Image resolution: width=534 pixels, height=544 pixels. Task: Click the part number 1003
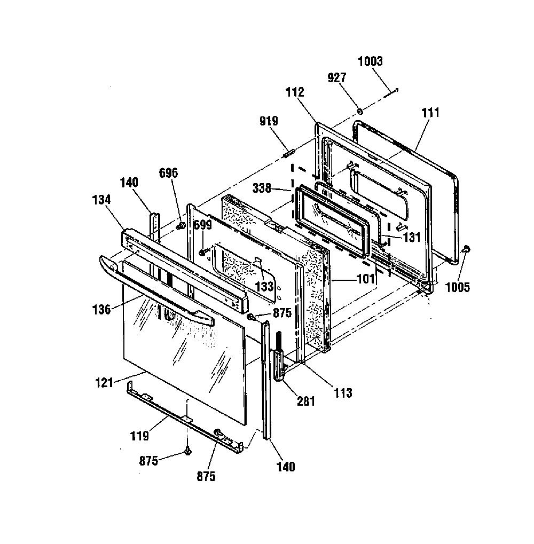pos(370,61)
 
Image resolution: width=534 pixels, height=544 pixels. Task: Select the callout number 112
pos(295,92)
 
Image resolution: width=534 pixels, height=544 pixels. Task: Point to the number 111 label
pos(430,113)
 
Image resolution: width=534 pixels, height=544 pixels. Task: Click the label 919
pos(269,121)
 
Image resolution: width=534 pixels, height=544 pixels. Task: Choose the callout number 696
pos(168,173)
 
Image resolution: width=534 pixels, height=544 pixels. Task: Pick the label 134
pos(101,200)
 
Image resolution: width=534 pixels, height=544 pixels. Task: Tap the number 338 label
pos(262,188)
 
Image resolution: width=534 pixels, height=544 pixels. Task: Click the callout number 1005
pos(457,287)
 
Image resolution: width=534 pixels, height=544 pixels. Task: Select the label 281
pos(305,401)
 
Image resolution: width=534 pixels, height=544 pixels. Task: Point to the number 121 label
pos(104,383)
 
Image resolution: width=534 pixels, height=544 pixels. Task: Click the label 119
pos(139,436)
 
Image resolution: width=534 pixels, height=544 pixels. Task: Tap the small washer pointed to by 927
pos(360,111)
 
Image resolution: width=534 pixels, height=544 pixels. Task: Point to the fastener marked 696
pos(180,226)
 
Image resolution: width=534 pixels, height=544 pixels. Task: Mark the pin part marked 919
pos(289,153)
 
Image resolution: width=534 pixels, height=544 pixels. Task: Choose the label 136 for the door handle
pos(101,310)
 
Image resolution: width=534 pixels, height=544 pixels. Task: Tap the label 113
pos(343,393)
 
